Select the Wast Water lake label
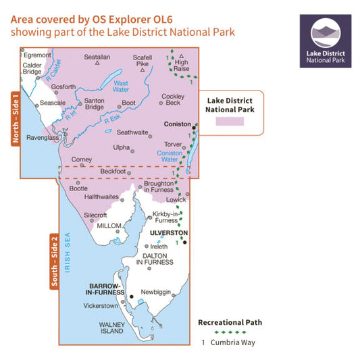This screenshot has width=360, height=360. (121, 86)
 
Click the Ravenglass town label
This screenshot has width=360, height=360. (41, 137)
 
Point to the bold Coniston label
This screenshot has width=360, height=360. (178, 124)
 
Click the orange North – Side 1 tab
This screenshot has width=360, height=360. (14, 120)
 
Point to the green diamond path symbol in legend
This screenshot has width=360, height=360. (230, 332)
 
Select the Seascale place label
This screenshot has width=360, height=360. (52, 103)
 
